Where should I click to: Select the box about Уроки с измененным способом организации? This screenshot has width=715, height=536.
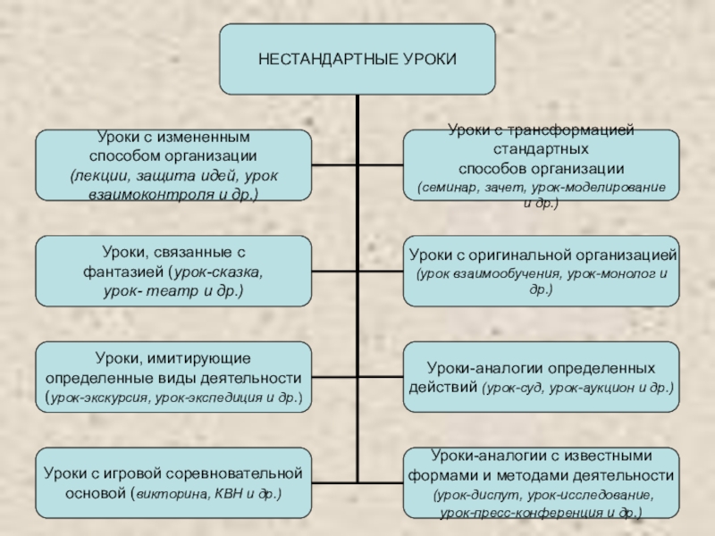click(173, 165)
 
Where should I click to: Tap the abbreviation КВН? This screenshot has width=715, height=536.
click(223, 492)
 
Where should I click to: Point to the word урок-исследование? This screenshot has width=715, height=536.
click(594, 494)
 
